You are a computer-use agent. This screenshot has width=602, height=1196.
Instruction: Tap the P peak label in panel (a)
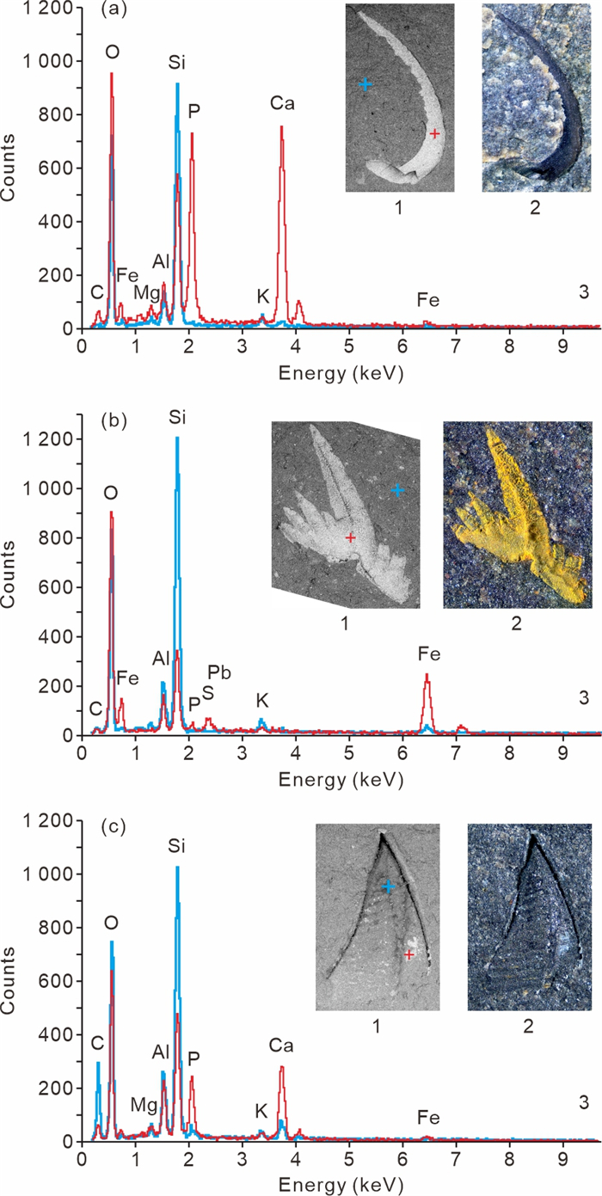coord(193,111)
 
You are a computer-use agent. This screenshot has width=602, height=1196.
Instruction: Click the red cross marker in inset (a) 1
coord(435,134)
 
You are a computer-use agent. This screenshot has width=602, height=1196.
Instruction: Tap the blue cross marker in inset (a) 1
coord(365,84)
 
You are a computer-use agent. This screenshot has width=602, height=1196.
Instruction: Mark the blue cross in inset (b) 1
coord(397,490)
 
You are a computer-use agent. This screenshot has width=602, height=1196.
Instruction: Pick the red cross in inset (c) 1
coord(409,954)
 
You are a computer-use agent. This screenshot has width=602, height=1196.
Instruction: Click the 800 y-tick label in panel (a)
coord(57,114)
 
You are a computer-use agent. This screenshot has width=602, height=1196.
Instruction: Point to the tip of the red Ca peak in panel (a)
coord(281,127)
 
